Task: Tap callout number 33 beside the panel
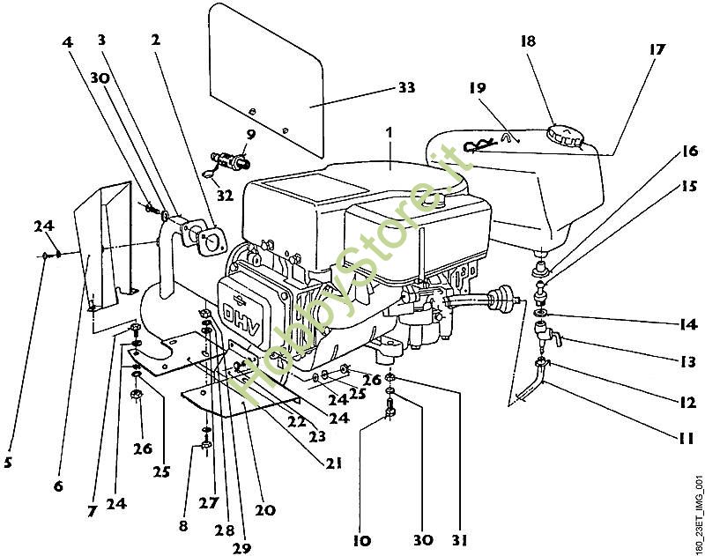406,88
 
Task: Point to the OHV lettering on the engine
257,308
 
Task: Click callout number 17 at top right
657,51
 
